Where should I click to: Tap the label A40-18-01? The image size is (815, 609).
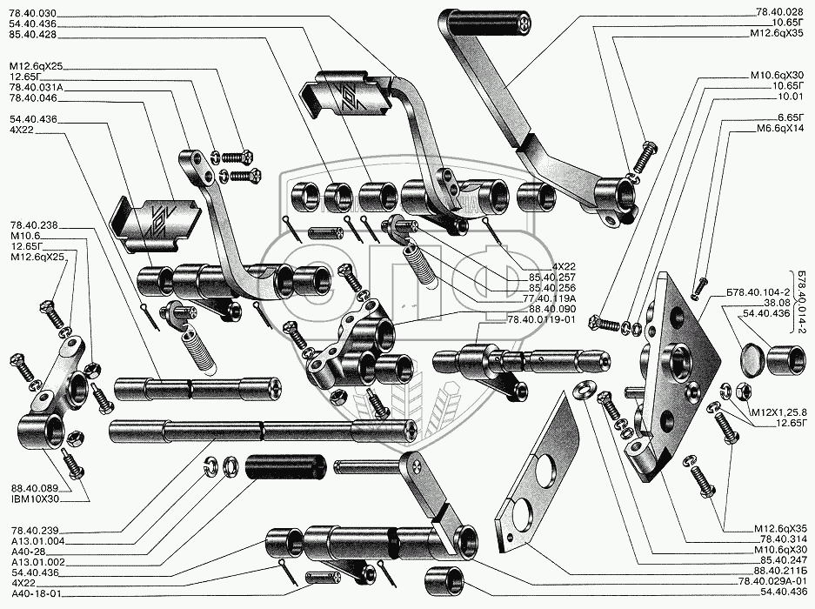34,595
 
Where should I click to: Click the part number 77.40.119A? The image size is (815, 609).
538,298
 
